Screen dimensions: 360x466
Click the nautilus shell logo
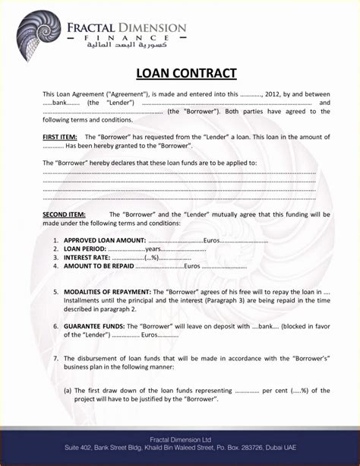pyautogui.click(x=38, y=34)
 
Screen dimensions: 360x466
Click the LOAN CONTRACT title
pyautogui.click(x=186, y=74)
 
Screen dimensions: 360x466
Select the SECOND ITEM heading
pyautogui.click(x=64, y=214)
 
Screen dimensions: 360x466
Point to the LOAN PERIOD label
pyautogui.click(x=84, y=249)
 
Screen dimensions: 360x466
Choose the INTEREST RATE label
pyautogui.click(x=87, y=258)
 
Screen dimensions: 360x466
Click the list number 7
pyautogui.click(x=55, y=358)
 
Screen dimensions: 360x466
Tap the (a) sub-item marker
pyautogui.click(x=68, y=391)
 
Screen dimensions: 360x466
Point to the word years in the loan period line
pyautogui.click(x=153, y=249)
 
